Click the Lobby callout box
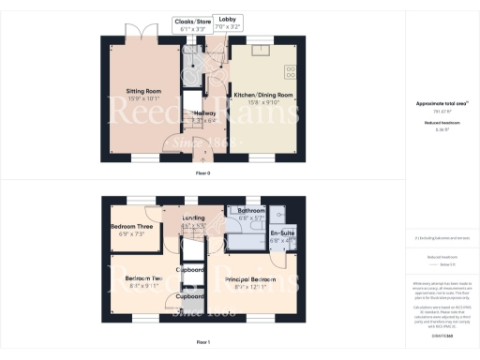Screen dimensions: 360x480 [228, 23]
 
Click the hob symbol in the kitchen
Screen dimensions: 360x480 [289, 67]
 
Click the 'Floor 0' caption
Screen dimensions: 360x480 [202, 173]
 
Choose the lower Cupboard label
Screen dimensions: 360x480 [191, 298]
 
